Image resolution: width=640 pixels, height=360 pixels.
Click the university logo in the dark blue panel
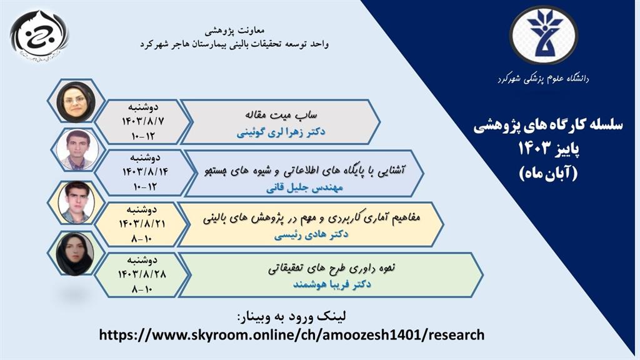pos(543,35)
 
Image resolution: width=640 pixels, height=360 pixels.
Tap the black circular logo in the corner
pos(39,36)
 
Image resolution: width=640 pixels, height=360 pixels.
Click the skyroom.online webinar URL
pos(292,335)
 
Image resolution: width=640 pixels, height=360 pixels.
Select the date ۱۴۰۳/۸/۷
pos(143,121)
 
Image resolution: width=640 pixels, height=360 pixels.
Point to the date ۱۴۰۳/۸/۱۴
pos(145,172)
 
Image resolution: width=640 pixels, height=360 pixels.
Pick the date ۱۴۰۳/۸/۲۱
pos(142,224)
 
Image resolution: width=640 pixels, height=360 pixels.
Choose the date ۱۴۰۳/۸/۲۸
pos(142,274)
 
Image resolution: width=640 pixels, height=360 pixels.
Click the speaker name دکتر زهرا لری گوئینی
pos(281,132)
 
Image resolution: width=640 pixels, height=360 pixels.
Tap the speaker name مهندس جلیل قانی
pos(304,188)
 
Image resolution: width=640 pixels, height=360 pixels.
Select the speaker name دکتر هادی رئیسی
pos(311,235)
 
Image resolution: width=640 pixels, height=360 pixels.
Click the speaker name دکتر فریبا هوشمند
pos(332,284)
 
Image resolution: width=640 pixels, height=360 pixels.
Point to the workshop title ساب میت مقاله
pos(281,115)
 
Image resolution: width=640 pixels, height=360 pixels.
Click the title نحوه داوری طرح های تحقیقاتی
pos(331,267)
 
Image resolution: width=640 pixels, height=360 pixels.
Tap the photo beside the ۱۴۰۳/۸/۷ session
pos(76,101)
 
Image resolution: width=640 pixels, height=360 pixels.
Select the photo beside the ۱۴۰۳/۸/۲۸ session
pos(75,254)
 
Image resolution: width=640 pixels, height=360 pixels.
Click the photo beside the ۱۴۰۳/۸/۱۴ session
pos(77,150)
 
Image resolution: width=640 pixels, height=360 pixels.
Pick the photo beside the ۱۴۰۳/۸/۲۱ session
pos(76,202)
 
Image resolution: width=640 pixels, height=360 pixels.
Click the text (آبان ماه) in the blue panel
pos(549,174)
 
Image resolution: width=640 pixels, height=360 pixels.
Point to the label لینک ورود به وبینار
pos(291,316)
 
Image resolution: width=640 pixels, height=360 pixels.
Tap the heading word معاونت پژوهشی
pos(235,31)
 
